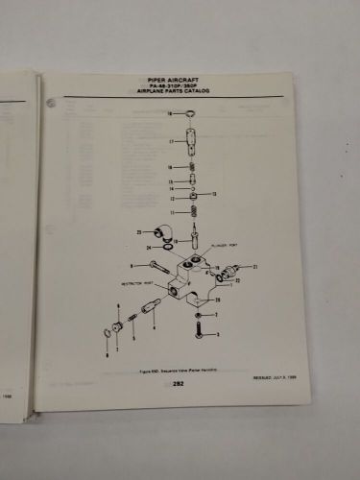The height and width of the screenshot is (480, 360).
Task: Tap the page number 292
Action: pos(179,384)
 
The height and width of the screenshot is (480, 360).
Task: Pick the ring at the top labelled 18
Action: pos(191,115)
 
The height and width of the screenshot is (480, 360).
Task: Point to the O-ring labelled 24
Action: pos(170,248)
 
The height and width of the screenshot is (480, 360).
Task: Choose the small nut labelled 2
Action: pos(199,314)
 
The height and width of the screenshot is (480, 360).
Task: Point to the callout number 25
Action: pos(139,233)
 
